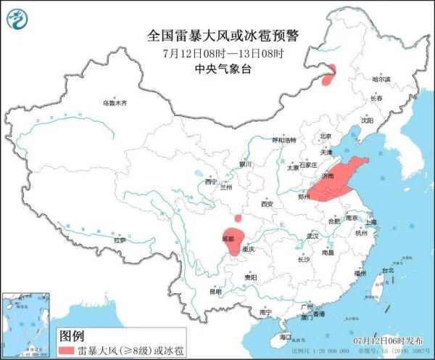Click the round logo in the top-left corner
[20, 17]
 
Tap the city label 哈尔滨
[381, 78]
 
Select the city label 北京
[326, 136]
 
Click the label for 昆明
[215, 292]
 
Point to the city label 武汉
[312, 236]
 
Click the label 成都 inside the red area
[229, 237]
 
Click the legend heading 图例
[72, 336]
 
